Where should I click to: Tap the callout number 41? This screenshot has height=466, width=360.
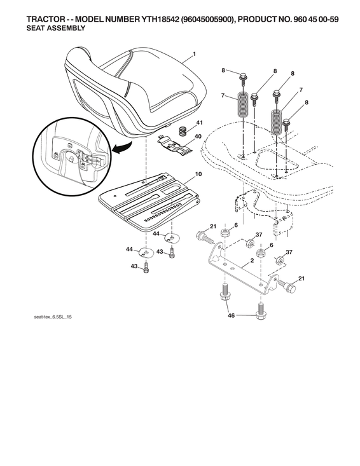(x=199, y=122)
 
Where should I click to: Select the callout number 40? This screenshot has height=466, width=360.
(x=198, y=136)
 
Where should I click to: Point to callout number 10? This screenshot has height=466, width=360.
(x=198, y=174)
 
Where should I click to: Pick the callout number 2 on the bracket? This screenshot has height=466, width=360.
(x=253, y=261)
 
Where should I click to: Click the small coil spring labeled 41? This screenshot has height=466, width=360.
(x=181, y=131)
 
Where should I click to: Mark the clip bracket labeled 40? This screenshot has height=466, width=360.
(x=175, y=147)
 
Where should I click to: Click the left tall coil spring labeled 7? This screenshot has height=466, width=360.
(x=242, y=104)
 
